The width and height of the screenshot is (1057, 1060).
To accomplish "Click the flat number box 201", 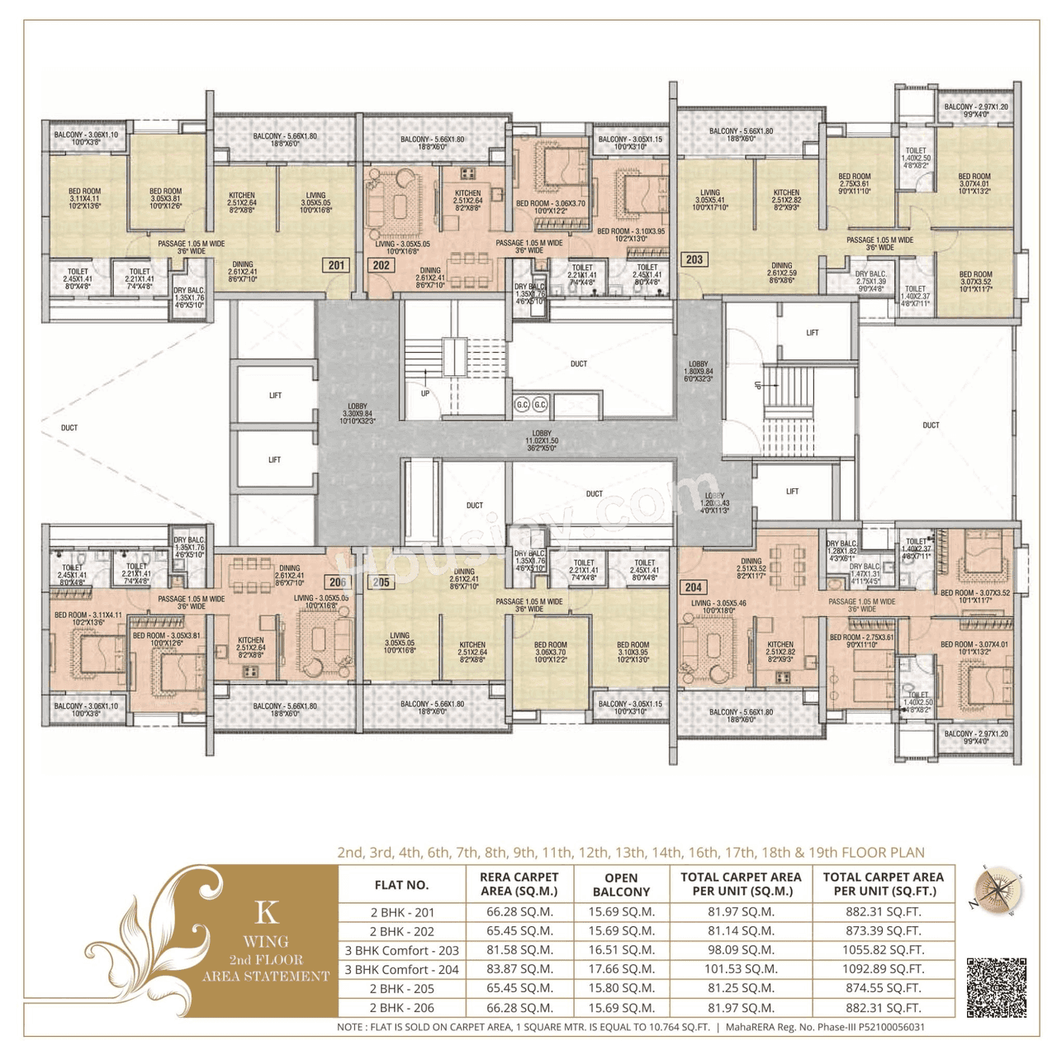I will point(336,265).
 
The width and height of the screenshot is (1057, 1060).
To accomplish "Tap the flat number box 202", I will point(381,265).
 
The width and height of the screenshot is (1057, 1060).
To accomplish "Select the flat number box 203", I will point(694,259).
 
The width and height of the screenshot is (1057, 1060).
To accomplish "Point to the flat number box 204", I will point(694,587).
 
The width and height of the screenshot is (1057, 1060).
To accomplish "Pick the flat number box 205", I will point(381,582).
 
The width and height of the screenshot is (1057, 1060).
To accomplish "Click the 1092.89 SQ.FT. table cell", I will point(883,969).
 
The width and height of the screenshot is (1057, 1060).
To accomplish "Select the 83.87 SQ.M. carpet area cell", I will point(519,969).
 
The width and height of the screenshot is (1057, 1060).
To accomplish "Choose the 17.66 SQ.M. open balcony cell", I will point(621,969).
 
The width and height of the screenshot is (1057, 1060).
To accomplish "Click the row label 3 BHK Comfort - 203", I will point(401,950).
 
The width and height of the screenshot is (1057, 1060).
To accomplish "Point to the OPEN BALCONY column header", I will point(621,885).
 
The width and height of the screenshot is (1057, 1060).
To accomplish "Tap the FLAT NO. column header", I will point(401,885).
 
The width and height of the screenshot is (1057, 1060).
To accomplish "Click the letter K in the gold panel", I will point(266,912).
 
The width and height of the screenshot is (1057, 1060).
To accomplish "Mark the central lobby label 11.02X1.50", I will point(542,440).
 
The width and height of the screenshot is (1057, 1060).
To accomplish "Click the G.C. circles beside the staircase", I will point(531,405).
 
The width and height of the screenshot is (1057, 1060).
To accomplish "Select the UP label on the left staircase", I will point(425,393).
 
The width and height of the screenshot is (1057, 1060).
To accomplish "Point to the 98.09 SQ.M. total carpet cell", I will point(741,950).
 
